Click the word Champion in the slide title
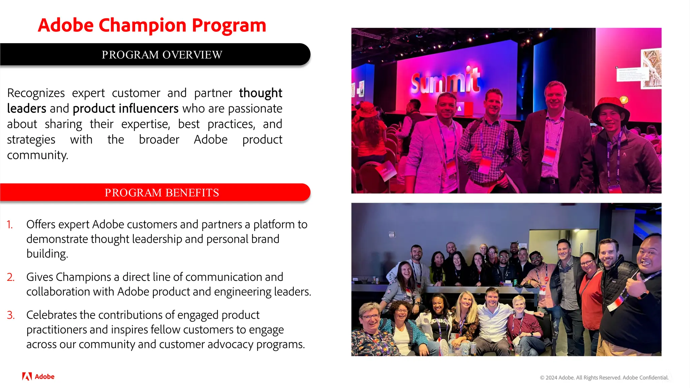click(x=143, y=26)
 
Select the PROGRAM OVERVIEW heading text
click(x=162, y=55)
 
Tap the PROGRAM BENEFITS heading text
click(x=162, y=193)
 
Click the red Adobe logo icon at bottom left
click(x=27, y=376)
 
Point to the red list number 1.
click(x=10, y=225)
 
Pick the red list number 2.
click(x=10, y=277)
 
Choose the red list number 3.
click(x=10, y=315)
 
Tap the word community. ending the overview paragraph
click(x=38, y=155)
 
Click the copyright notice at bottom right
click(x=604, y=378)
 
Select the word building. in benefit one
click(x=47, y=254)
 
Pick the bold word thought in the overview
click(x=260, y=93)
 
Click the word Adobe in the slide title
click(x=66, y=26)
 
